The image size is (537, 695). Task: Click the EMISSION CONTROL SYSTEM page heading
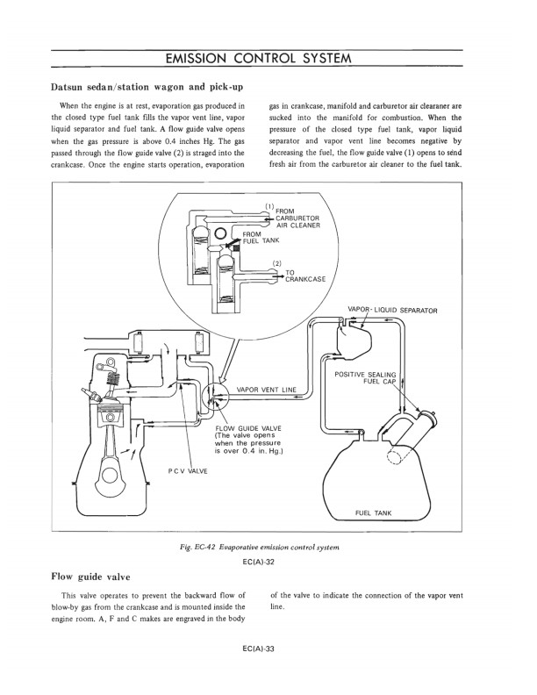258,59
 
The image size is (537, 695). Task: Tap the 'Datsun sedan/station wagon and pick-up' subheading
147,87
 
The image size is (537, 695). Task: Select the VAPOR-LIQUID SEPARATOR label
392,311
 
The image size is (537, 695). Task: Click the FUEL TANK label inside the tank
374,512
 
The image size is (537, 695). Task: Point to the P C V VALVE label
188,470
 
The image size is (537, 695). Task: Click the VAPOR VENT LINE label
267,390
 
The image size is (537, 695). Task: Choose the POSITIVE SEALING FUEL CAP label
365,377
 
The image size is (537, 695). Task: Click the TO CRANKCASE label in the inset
305,276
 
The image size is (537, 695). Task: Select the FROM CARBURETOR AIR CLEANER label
297,219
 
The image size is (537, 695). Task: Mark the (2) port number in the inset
277,263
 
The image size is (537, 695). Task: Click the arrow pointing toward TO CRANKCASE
279,276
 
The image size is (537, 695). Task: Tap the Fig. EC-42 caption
257,547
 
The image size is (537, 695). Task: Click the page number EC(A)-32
259,562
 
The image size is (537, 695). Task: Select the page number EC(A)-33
259,649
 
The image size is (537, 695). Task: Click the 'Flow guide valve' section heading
91,577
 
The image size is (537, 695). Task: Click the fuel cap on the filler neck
427,417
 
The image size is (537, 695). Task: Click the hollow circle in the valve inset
220,233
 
